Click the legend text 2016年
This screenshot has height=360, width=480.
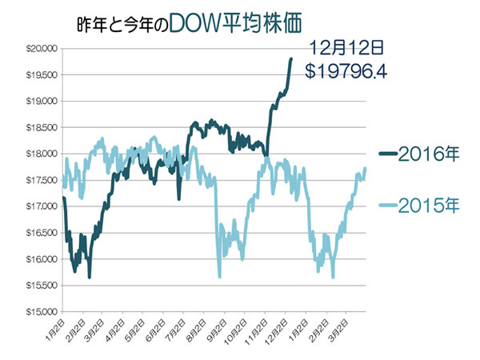click(x=428, y=155)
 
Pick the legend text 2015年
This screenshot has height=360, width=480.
click(x=428, y=206)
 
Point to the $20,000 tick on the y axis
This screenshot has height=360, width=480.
click(x=38, y=49)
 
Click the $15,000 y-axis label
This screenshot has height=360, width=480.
click(x=38, y=312)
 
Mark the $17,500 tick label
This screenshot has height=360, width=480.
click(x=38, y=180)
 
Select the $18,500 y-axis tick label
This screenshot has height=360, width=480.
click(x=38, y=128)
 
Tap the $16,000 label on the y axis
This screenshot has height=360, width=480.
click(x=38, y=259)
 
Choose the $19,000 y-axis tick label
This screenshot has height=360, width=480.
click(x=38, y=102)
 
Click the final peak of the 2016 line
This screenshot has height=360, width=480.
click(x=291, y=58)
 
